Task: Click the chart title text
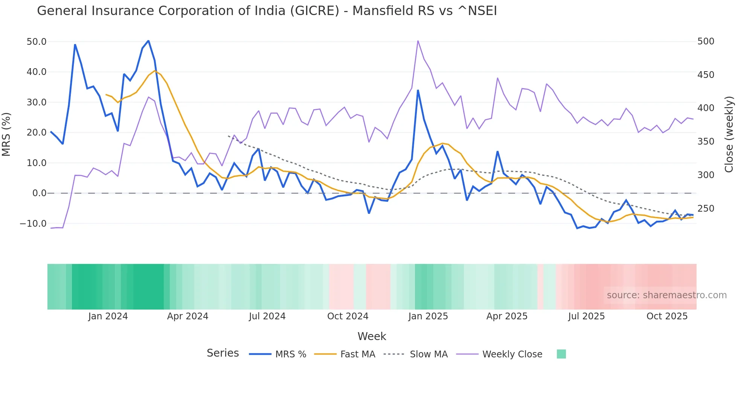(x=267, y=11)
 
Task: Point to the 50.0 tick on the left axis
(x=37, y=41)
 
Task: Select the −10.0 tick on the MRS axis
(x=33, y=223)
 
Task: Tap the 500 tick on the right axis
(x=706, y=41)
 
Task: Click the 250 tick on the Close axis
(x=706, y=208)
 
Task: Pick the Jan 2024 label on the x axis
(x=108, y=316)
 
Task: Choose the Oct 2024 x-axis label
(x=348, y=316)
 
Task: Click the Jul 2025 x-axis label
(x=586, y=316)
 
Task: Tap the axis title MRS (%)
(x=6, y=134)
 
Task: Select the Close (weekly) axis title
(x=729, y=134)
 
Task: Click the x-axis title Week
(x=372, y=336)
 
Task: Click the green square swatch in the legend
(x=561, y=354)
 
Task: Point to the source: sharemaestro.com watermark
(x=666, y=295)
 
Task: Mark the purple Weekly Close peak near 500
(x=418, y=41)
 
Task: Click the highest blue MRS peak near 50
(x=148, y=41)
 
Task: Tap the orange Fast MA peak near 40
(x=154, y=71)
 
